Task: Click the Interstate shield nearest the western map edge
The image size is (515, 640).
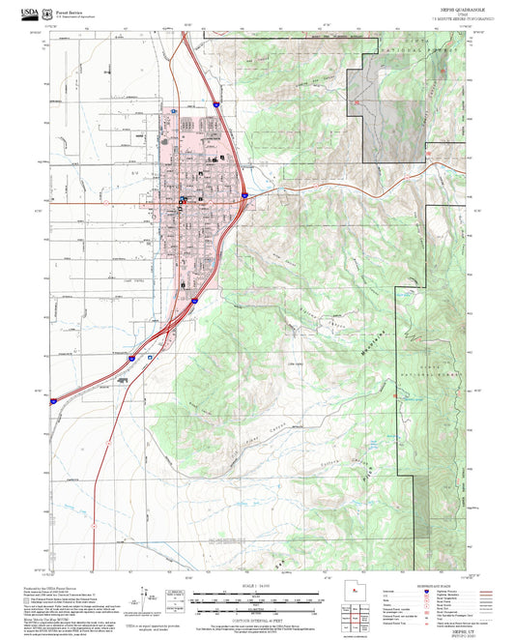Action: [54, 399]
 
